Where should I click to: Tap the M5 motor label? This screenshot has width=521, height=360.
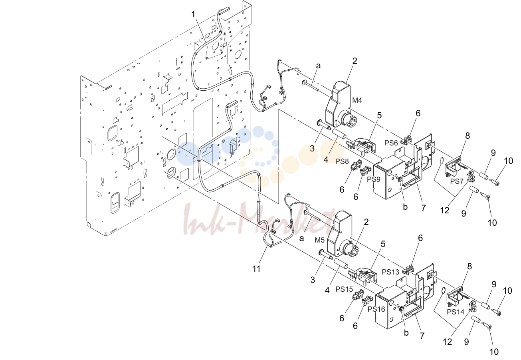coord(319,240)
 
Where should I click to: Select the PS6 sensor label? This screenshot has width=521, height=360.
coord(391,143)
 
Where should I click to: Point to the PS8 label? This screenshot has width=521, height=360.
coord(342,161)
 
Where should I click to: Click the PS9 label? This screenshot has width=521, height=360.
coord(374,179)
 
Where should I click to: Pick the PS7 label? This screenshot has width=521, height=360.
coord(457,181)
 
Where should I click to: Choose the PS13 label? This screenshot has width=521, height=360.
coord(390,272)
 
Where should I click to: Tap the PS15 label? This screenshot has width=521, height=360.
coord(344,289)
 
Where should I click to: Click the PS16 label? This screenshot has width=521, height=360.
coord(376,309)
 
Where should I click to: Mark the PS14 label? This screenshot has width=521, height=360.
coord(456,312)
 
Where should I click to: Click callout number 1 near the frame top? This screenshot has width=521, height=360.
coord(193,14)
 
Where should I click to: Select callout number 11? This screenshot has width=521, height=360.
coord(256,269)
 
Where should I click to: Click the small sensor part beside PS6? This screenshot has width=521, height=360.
coord(406,141)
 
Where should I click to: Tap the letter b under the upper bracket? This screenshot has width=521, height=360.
coord(405,207)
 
